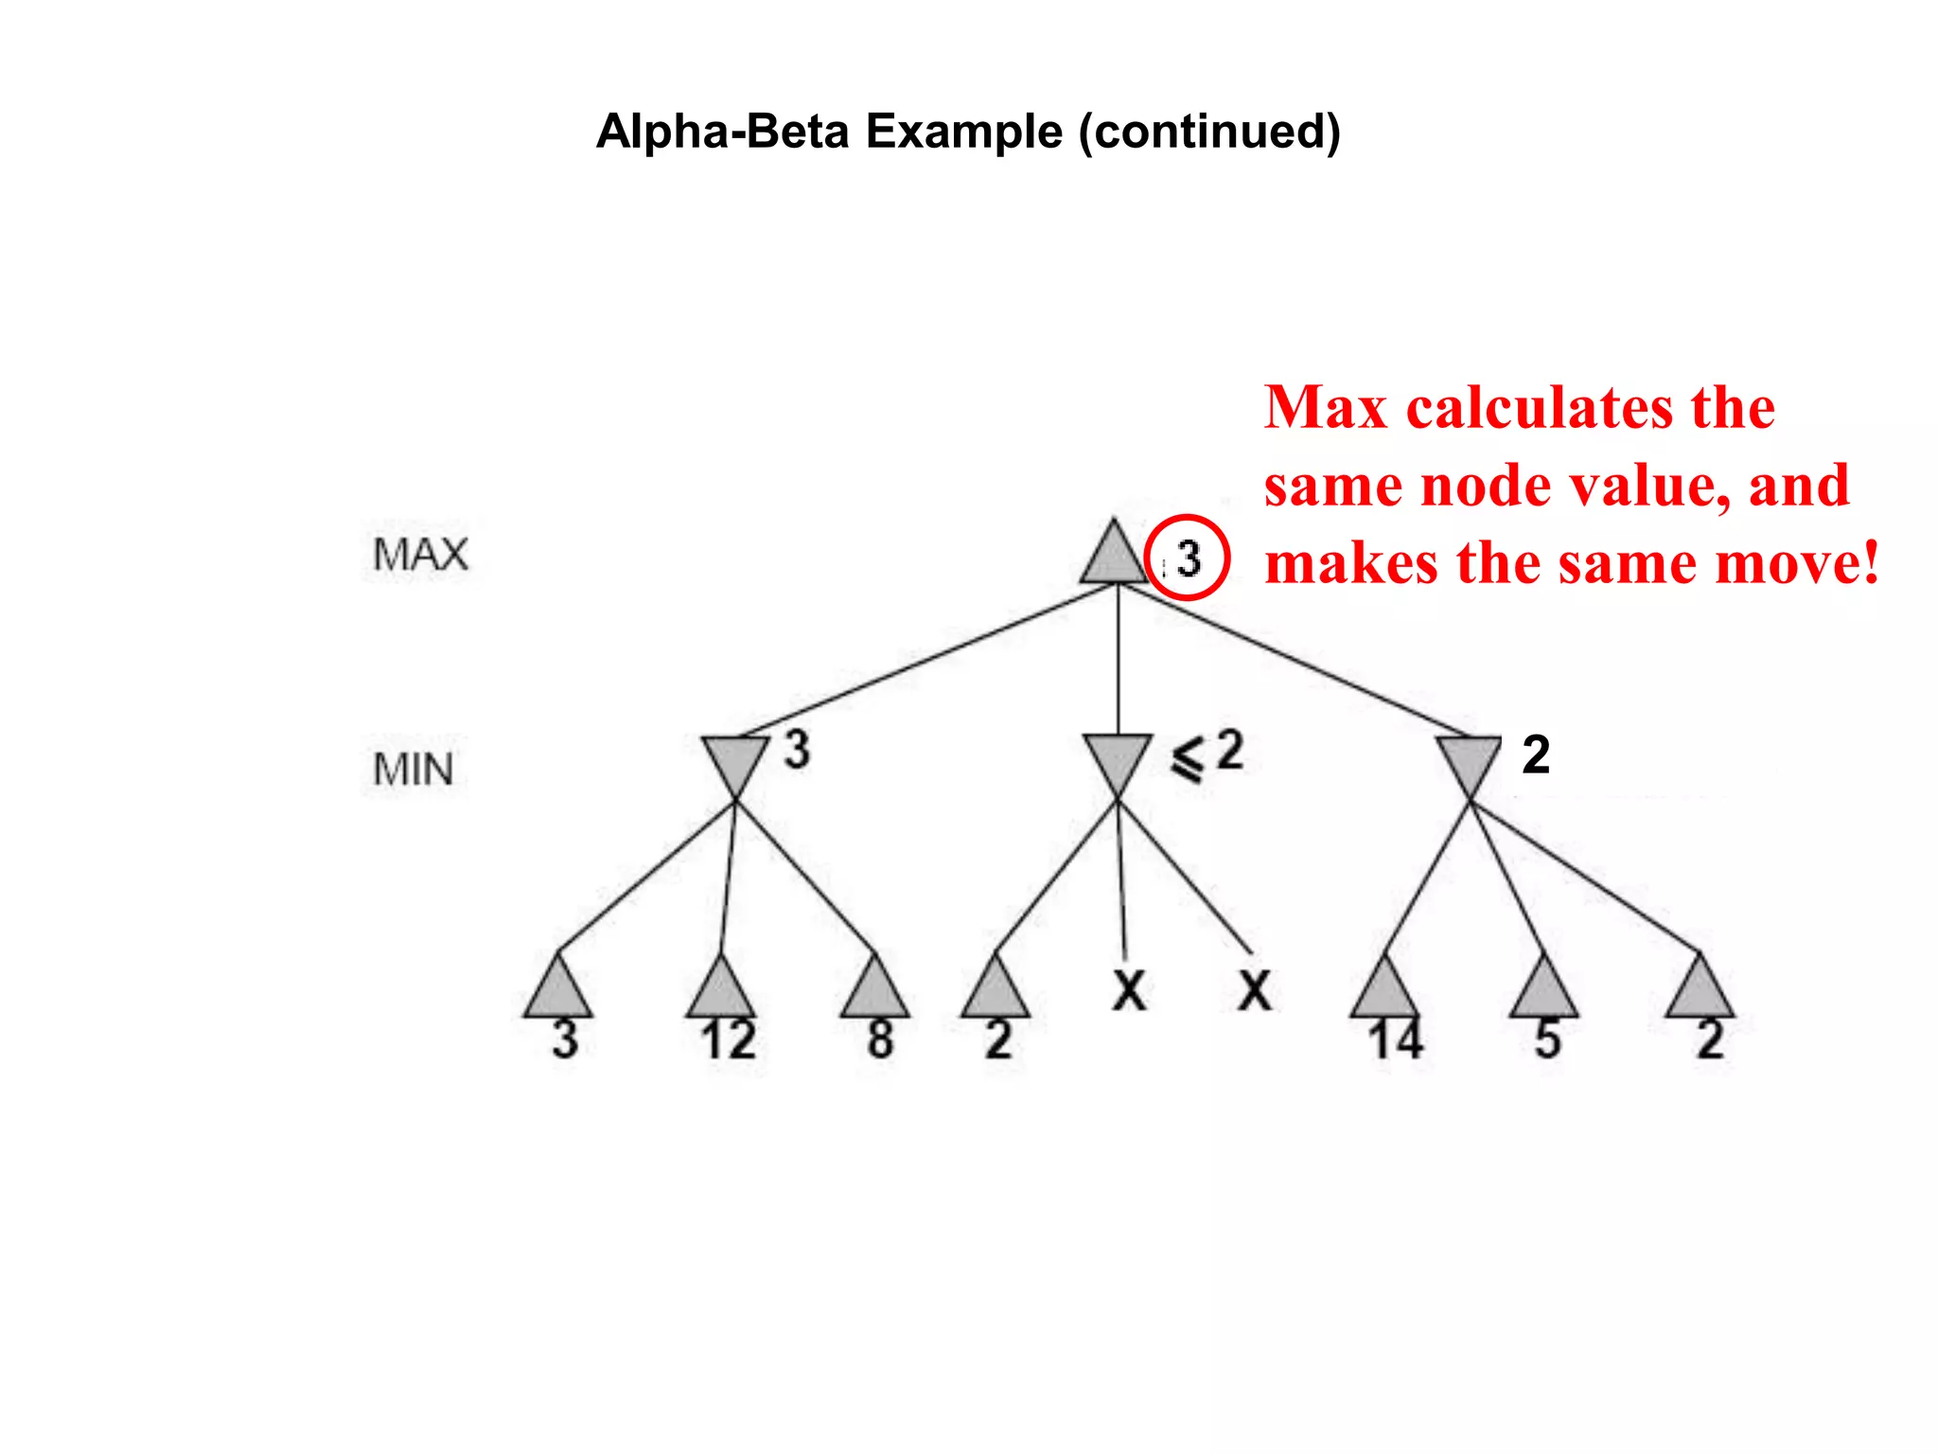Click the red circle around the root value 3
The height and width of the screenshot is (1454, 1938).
click(x=1187, y=558)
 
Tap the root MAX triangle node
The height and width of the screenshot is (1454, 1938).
click(x=1114, y=556)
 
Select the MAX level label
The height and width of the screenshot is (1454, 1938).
click(x=420, y=555)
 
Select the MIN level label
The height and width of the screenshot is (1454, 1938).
click(x=414, y=770)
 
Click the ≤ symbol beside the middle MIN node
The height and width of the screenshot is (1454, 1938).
click(x=1189, y=759)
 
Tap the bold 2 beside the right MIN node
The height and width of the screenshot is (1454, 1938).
click(x=1536, y=755)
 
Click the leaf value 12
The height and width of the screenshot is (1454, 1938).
click(x=729, y=1040)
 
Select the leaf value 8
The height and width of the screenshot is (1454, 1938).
click(x=880, y=1039)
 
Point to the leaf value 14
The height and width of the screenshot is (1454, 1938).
click(x=1396, y=1040)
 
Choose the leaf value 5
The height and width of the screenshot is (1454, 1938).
click(x=1547, y=1039)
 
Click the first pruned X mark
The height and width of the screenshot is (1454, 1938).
click(x=1129, y=991)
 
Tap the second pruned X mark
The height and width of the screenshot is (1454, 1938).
click(x=1255, y=991)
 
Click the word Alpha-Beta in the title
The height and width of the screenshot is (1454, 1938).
click(x=722, y=131)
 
